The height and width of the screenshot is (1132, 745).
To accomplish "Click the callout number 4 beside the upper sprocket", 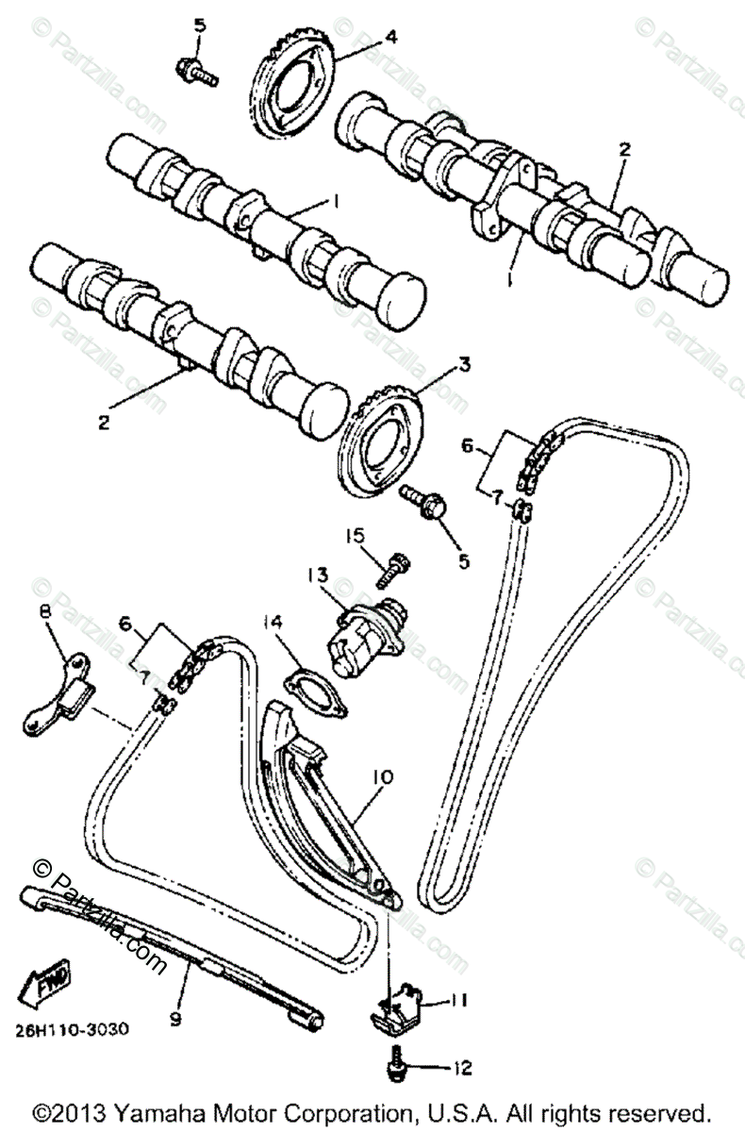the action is pos(363,37).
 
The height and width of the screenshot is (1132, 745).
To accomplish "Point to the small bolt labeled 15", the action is pos(391,567).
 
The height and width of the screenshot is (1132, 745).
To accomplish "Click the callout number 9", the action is pos(176,1018).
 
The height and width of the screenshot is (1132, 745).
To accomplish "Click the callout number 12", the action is pos(461,1069).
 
